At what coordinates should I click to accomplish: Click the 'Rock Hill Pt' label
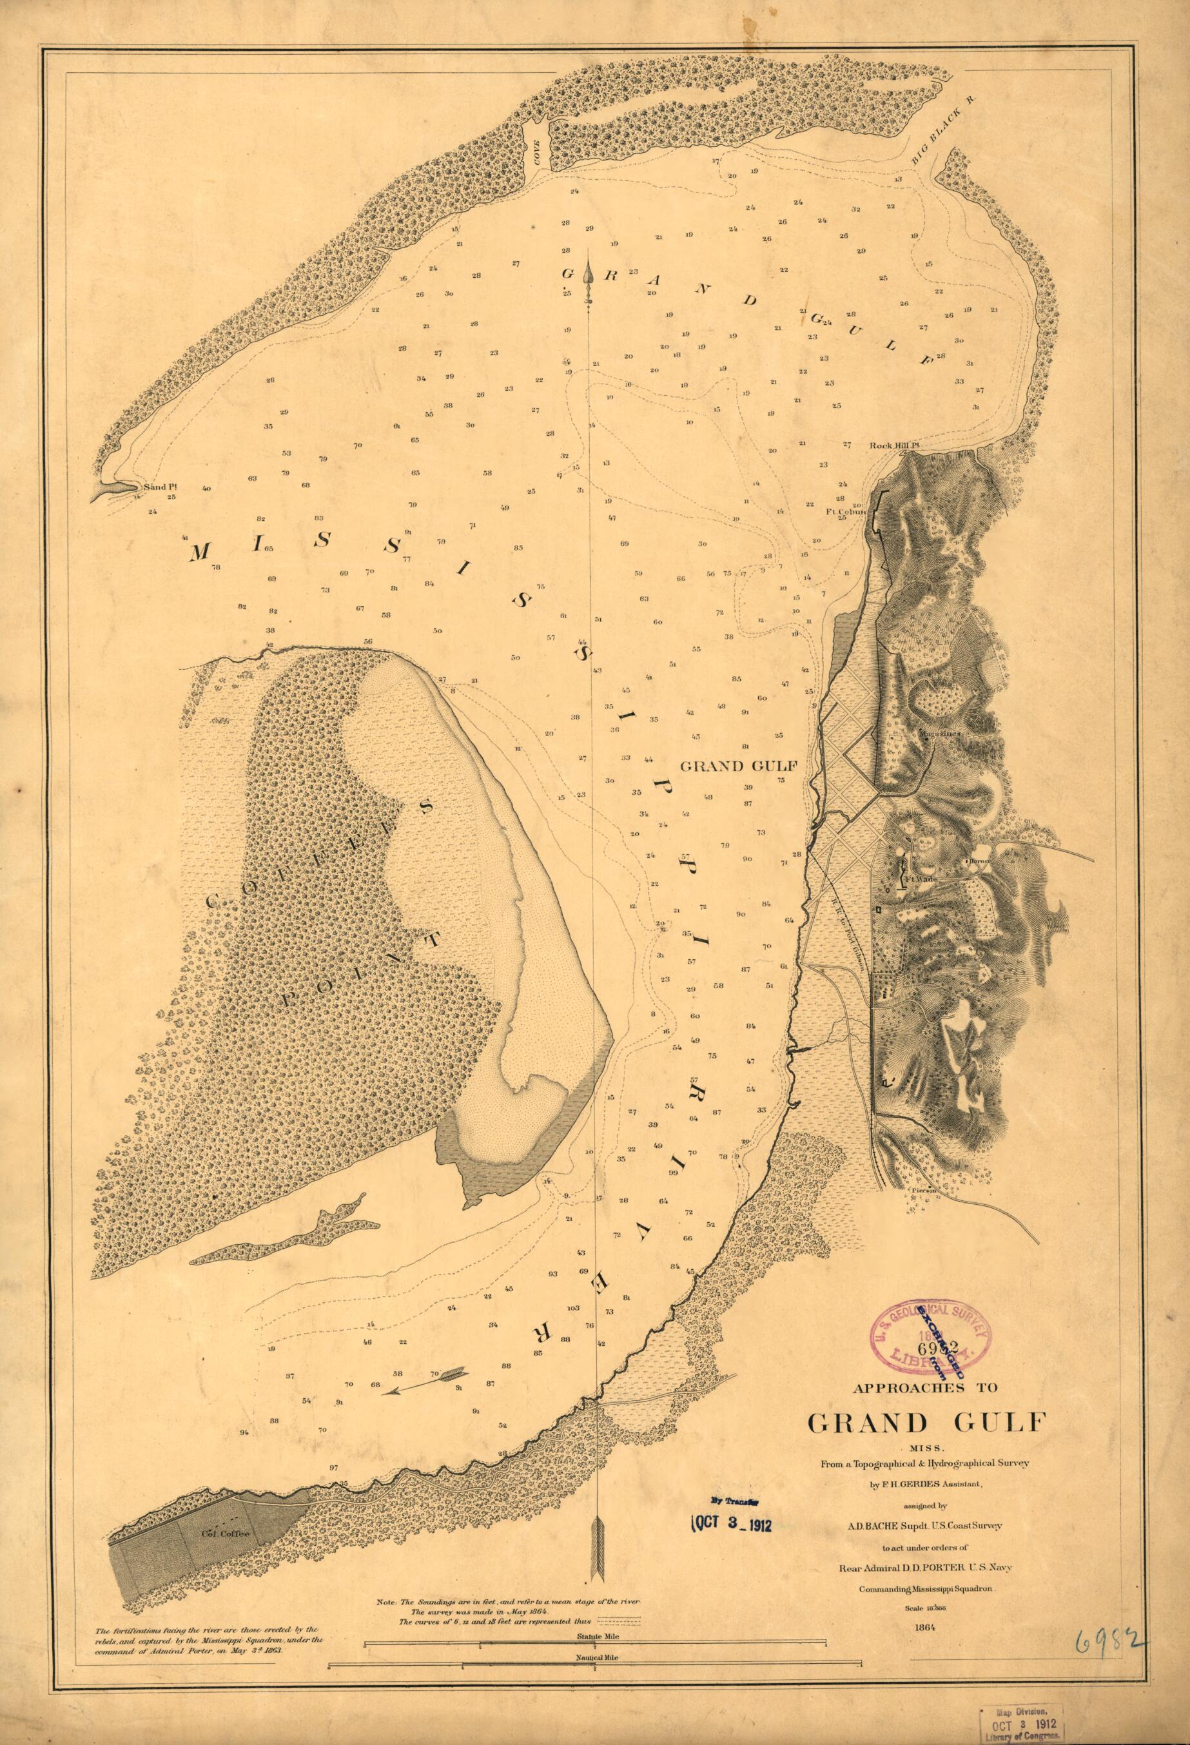pos(894,445)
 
